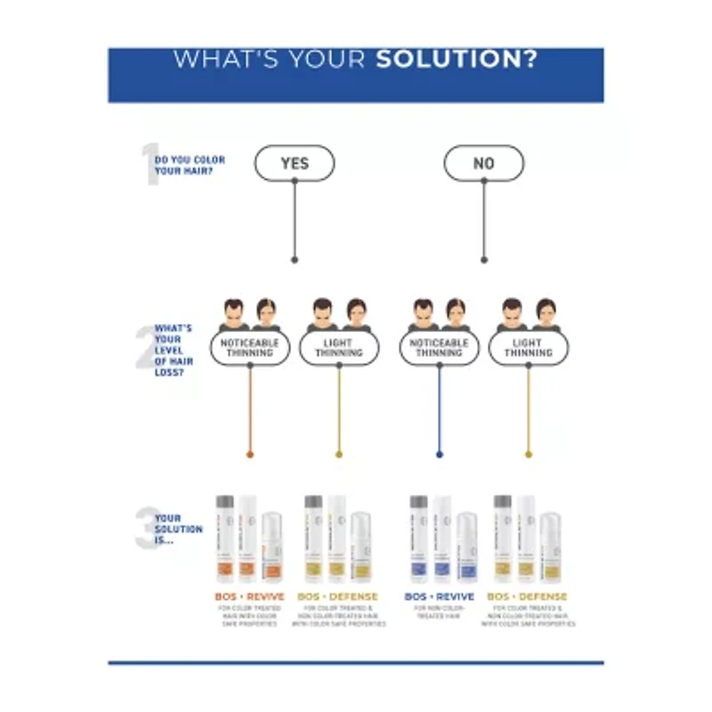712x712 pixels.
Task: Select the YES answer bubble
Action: pyautogui.click(x=295, y=163)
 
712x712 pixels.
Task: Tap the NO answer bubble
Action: pyautogui.click(x=483, y=163)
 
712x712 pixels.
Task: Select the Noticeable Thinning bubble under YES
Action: pyautogui.click(x=250, y=348)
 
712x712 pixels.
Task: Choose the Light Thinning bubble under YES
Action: pyautogui.click(x=338, y=348)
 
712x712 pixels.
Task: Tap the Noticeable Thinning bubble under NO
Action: pyautogui.click(x=439, y=348)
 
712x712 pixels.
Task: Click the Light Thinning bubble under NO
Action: pyautogui.click(x=528, y=348)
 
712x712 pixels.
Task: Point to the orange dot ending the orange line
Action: pyautogui.click(x=250, y=454)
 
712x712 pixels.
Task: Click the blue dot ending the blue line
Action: pyautogui.click(x=439, y=454)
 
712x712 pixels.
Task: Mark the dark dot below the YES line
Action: pyautogui.click(x=295, y=260)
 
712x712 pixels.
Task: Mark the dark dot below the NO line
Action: pyautogui.click(x=484, y=260)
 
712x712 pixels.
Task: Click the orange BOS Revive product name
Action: pyautogui.click(x=248, y=596)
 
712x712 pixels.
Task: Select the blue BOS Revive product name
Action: pyautogui.click(x=439, y=596)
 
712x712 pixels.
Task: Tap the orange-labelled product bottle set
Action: pyautogui.click(x=248, y=538)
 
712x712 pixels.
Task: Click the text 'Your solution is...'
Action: pyautogui.click(x=179, y=529)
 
